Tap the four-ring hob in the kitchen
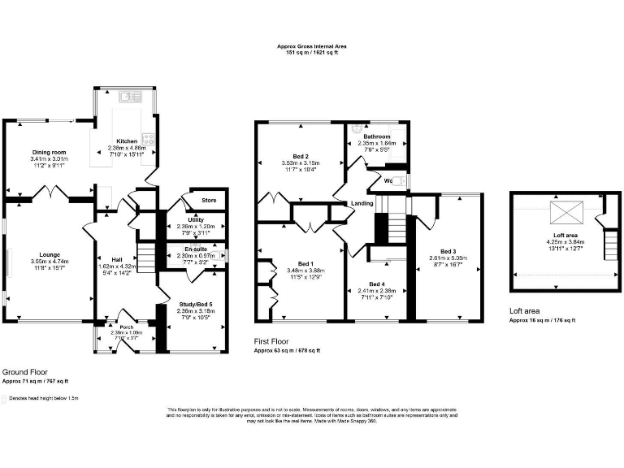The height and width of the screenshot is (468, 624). [149, 139]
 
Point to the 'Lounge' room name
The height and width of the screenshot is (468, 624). [50, 254]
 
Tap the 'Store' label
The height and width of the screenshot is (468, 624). [196, 200]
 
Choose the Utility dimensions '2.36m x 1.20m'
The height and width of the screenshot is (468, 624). [194, 227]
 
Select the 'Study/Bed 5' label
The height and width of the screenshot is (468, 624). [194, 303]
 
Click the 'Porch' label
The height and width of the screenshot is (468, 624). [127, 327]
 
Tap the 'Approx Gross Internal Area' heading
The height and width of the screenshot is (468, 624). [311, 46]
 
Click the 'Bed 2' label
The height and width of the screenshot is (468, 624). [300, 156]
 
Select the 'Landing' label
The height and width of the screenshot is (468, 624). [362, 203]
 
